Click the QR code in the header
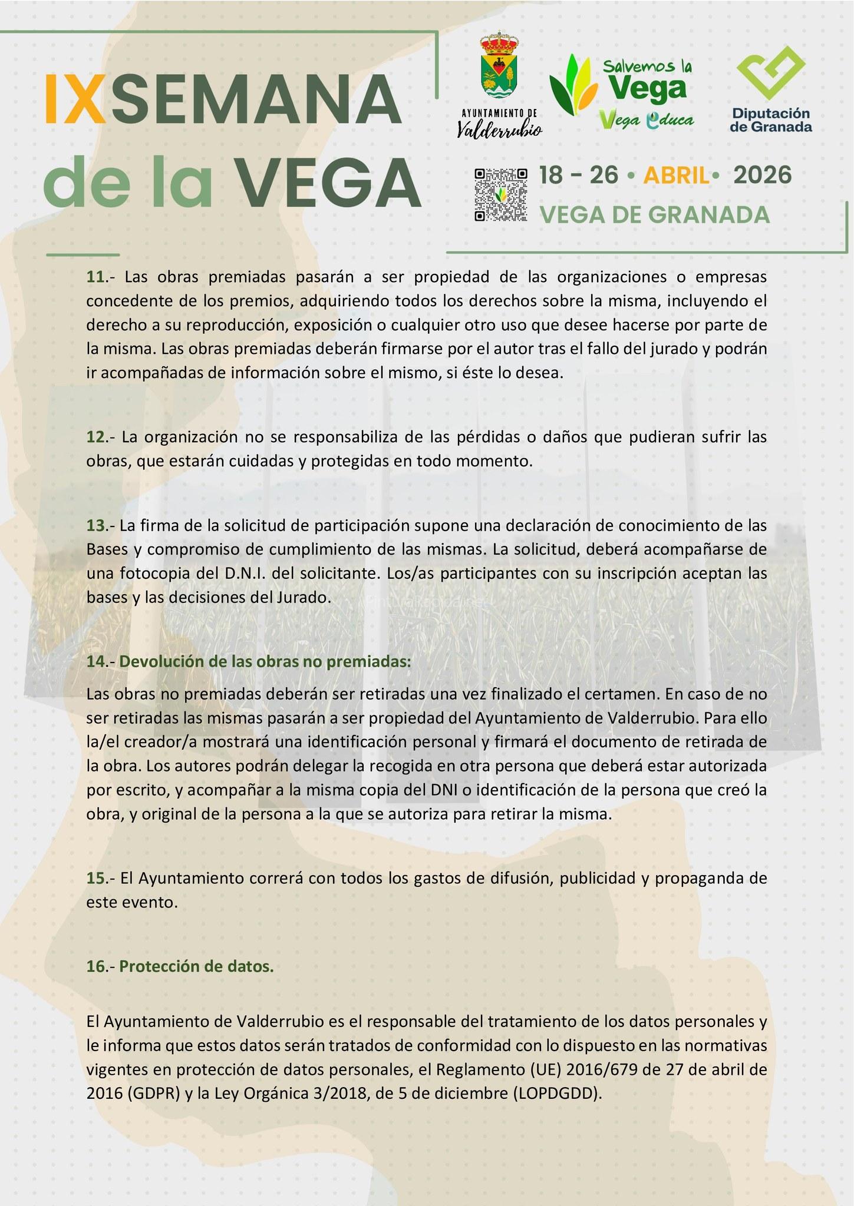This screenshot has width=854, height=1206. (x=500, y=194)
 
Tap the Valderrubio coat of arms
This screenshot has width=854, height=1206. (x=500, y=70)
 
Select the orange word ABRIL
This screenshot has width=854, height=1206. (x=675, y=175)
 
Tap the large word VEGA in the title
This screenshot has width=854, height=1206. (x=329, y=182)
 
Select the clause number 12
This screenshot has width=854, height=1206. (x=96, y=437)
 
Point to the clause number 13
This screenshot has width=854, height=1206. (x=96, y=525)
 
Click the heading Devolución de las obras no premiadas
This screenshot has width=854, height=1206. (x=265, y=661)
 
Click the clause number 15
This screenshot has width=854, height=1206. (x=96, y=878)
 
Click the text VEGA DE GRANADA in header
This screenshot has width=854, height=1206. (x=655, y=215)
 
